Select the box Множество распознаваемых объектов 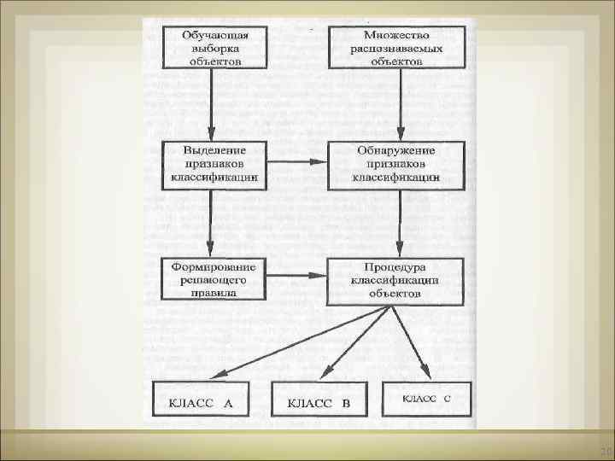[x=396, y=47]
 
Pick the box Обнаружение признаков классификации [x=396, y=165]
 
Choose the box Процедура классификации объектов [x=396, y=278]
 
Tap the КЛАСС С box [x=426, y=398]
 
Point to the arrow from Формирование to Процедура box [x=296, y=277]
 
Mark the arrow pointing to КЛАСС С [x=410, y=341]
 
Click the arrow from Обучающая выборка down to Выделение [x=210, y=104]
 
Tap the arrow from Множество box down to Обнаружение [x=396, y=104]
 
